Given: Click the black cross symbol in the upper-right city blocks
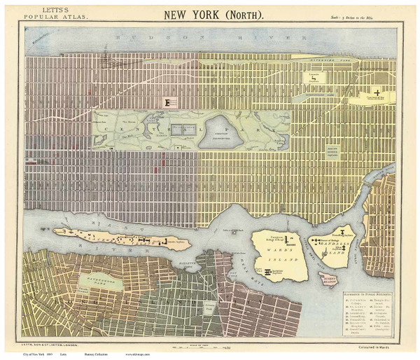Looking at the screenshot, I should coord(379,92).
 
